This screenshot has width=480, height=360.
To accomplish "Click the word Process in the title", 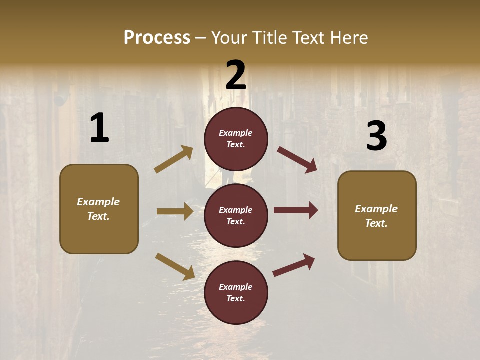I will pyautogui.click(x=157, y=38).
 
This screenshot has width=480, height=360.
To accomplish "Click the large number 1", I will pyautogui.click(x=99, y=128).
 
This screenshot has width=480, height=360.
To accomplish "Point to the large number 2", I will pyautogui.click(x=236, y=76).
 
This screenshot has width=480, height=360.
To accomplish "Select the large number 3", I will pyautogui.click(x=376, y=136).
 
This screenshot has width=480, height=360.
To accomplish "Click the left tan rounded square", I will pyautogui.click(x=99, y=209).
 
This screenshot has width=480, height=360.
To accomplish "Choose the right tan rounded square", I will pyautogui.click(x=377, y=216).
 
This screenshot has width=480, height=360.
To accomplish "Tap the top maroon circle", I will pyautogui.click(x=236, y=139).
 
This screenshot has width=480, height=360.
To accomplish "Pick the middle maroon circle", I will pyautogui.click(x=236, y=215).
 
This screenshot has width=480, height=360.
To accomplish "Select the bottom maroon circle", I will pyautogui.click(x=236, y=292).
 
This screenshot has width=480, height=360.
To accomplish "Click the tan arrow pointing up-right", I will pyautogui.click(x=173, y=159).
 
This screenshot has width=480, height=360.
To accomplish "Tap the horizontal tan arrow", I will pyautogui.click(x=175, y=211).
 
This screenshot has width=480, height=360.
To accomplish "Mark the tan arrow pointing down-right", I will pyautogui.click(x=175, y=266).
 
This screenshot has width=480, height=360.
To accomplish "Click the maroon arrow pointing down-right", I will pyautogui.click(x=297, y=160).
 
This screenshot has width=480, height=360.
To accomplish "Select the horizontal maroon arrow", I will pyautogui.click(x=295, y=210).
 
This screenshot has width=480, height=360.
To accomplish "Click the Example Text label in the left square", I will pyautogui.click(x=98, y=209).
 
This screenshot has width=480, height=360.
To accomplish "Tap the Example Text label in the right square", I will pyautogui.click(x=376, y=216).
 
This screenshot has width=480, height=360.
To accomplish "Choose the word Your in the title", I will pyautogui.click(x=229, y=38).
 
